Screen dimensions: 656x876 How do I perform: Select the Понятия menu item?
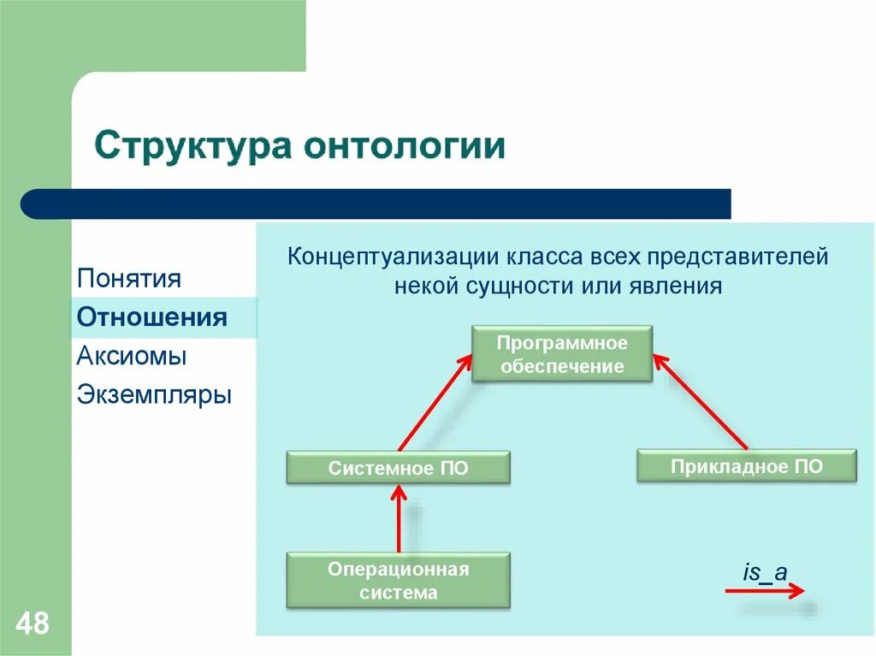[x=128, y=278]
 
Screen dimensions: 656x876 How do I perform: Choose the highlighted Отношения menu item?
[x=151, y=317]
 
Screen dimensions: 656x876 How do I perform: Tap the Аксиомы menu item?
[x=132, y=356]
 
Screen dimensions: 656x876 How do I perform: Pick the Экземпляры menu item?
[x=154, y=395]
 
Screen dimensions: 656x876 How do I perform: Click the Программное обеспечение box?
[x=562, y=354]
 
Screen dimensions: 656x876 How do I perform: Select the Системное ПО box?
[x=398, y=469]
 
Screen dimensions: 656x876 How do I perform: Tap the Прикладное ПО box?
[x=746, y=466]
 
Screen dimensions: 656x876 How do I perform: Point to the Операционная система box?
[x=398, y=581]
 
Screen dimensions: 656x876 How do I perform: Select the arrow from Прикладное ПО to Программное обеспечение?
[x=701, y=401]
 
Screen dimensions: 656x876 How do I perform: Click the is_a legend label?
[x=764, y=572]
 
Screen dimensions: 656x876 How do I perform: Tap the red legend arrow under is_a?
[x=764, y=590]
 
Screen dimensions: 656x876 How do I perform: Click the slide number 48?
[x=32, y=623]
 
